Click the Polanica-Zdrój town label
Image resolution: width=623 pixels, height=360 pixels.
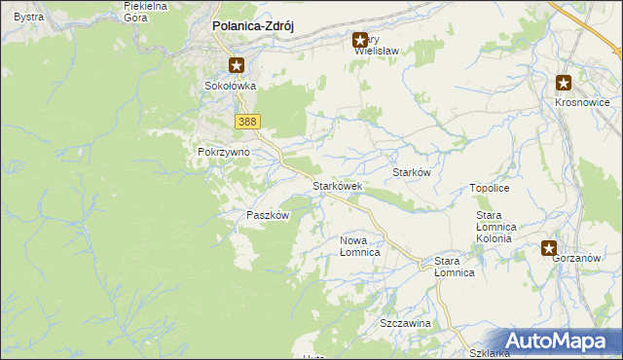click(253, 27)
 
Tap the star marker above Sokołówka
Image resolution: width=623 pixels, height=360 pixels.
click(237, 65)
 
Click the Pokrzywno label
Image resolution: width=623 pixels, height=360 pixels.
click(224, 153)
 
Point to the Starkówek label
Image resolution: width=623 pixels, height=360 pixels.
click(337, 185)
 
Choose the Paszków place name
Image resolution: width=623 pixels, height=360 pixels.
click(268, 215)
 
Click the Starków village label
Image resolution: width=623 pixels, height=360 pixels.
click(411, 171)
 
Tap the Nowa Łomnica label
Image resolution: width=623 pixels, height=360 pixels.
click(359, 245)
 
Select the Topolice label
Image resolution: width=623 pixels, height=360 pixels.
click(490, 187)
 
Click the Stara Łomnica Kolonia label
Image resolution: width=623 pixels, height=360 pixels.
click(501, 226)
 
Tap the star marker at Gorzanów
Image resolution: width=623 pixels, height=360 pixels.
click(550, 248)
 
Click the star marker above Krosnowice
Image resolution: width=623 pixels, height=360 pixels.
click(564, 84)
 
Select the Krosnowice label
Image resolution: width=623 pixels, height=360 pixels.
click(582, 102)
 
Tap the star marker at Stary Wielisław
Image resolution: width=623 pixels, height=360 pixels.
click(360, 41)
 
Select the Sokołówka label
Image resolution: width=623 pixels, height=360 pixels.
click(229, 86)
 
